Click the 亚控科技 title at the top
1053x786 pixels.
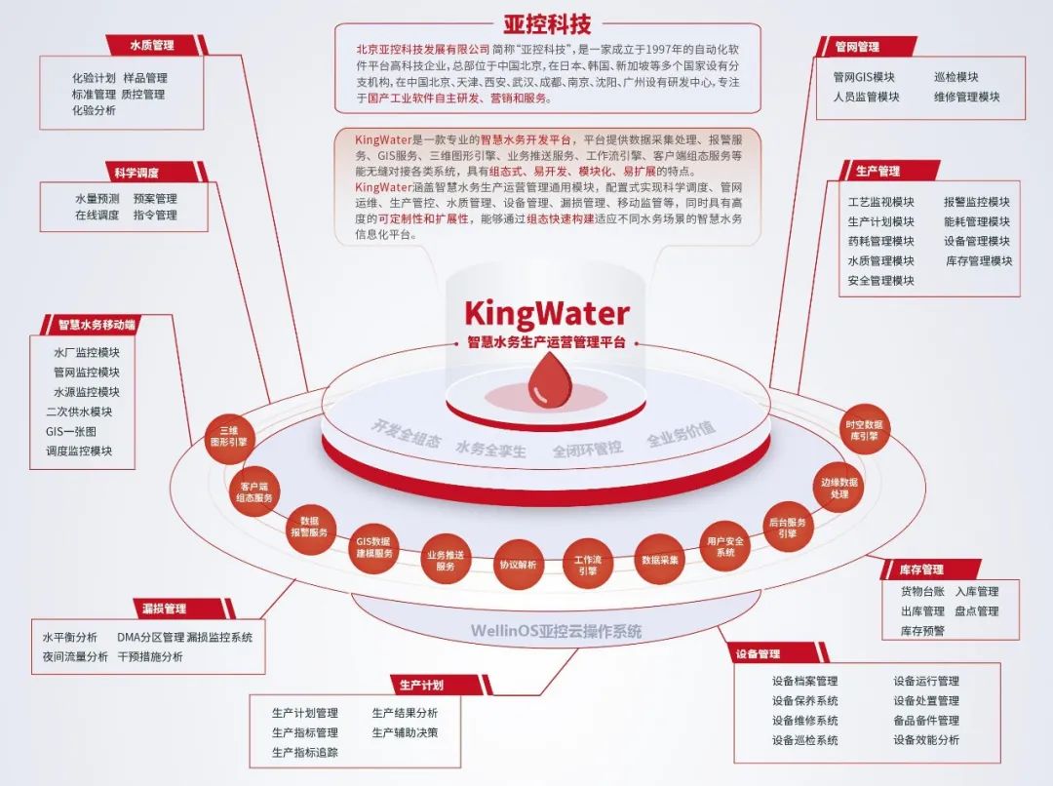point(547,23)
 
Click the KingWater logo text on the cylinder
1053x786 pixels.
point(546,313)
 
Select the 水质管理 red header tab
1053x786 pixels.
point(152,45)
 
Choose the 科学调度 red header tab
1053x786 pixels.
point(136,174)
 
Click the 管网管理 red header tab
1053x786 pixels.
point(857,46)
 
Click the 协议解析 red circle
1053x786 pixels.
point(518,564)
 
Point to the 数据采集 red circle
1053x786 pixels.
point(660,560)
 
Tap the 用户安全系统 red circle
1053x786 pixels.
point(724,547)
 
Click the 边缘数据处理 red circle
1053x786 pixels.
point(839,488)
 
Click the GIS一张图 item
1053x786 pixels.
point(71,431)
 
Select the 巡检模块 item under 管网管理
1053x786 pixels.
point(955,77)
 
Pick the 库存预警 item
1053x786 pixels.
point(922,631)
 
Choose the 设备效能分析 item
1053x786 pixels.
point(926,740)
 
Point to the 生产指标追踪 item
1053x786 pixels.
point(305,752)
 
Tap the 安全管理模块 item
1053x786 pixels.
point(881,281)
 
